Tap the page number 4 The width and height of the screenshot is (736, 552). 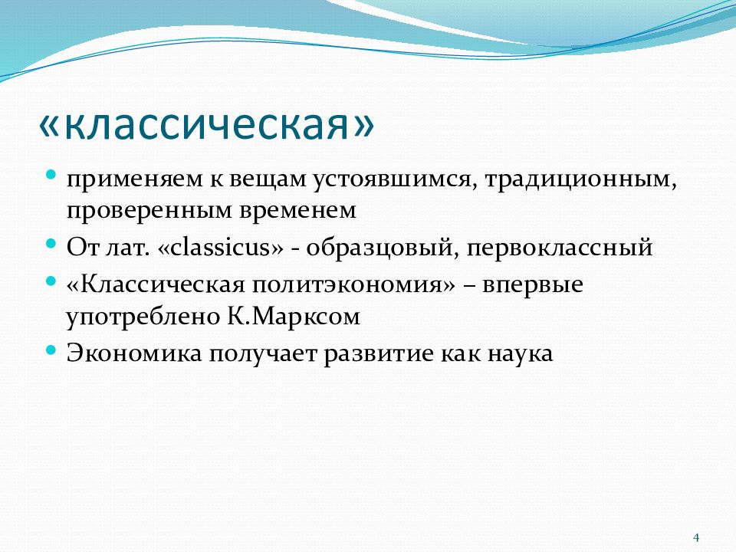pos(696,537)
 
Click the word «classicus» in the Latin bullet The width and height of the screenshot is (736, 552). pos(221,247)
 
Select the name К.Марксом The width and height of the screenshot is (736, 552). pos(294,317)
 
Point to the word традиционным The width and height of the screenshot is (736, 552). pos(580,179)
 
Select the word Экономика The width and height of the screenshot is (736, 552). pos(134,353)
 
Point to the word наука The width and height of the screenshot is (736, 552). pos(520,353)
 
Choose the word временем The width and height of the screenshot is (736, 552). pos(297,211)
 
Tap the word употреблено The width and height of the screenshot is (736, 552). pos(143,317)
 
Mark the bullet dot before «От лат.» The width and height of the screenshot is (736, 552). pos(51,244)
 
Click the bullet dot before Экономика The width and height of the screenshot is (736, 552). pos(51,350)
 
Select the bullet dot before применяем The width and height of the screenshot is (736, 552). pos(51,176)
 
